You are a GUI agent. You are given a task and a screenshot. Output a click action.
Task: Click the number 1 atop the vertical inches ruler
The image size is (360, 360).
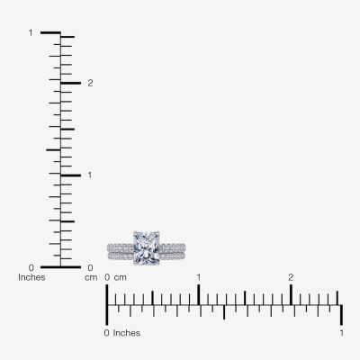tap(31, 32)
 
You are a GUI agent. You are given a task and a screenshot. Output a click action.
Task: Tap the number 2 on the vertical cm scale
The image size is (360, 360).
tap(90, 83)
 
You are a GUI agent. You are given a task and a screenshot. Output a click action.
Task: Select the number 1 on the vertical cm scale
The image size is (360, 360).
tap(89, 175)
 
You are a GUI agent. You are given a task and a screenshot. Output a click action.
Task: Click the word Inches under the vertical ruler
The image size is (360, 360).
tap(31, 277)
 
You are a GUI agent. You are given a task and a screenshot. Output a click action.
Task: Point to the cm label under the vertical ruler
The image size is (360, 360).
tap(91, 278)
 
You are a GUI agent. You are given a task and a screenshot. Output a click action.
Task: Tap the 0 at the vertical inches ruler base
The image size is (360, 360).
tap(31, 267)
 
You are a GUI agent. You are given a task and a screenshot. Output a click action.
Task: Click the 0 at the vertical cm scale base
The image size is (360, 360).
tap(90, 267)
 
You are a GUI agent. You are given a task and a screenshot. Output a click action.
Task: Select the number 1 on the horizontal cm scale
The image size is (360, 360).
tap(199, 277)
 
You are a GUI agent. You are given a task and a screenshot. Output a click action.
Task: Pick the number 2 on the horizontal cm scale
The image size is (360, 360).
tap(291, 277)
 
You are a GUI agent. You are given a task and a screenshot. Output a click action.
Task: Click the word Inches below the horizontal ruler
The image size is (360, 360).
tap(127, 333)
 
